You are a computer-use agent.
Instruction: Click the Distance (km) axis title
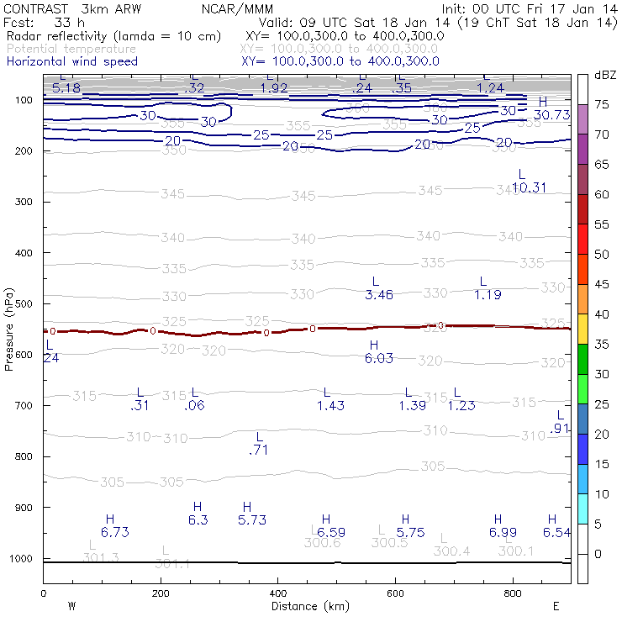(306, 606)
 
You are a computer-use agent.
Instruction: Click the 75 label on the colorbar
(602, 104)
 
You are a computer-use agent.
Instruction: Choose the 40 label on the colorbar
(602, 314)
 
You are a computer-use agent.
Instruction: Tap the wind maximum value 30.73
(551, 115)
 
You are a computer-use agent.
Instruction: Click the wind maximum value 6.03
(378, 358)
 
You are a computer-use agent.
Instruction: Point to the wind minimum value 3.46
(379, 295)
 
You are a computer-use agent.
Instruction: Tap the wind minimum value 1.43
(330, 406)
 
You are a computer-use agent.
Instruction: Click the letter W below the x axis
(72, 605)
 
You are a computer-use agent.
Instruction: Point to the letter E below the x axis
(556, 605)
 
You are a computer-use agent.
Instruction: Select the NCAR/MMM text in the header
(238, 8)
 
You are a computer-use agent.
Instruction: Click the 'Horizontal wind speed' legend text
(71, 61)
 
